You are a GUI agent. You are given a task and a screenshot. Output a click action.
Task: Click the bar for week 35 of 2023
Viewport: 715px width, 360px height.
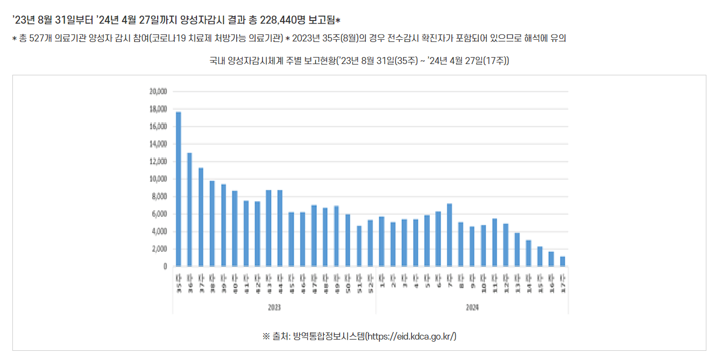pos(179,189)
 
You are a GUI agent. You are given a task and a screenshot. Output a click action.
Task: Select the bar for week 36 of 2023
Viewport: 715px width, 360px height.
pos(189,209)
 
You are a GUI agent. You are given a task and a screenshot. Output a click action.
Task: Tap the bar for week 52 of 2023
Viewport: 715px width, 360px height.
pos(370,243)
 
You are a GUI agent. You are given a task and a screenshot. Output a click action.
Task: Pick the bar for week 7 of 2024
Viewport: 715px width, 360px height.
pos(449,235)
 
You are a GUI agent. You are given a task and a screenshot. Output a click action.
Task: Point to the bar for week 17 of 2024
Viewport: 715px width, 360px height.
pos(562,261)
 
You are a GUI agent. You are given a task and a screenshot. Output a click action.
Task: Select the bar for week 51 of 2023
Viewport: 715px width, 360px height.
pos(359,245)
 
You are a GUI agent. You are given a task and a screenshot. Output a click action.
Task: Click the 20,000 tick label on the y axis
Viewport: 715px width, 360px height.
pos(158,91)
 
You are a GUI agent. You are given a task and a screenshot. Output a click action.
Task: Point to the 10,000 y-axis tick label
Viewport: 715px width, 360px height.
pos(158,179)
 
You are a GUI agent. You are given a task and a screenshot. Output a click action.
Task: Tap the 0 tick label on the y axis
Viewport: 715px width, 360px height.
pos(165,266)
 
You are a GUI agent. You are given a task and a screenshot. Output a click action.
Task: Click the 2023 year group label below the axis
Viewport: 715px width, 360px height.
pos(274,307)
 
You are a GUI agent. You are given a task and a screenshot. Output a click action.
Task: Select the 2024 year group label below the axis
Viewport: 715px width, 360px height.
pos(472,307)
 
